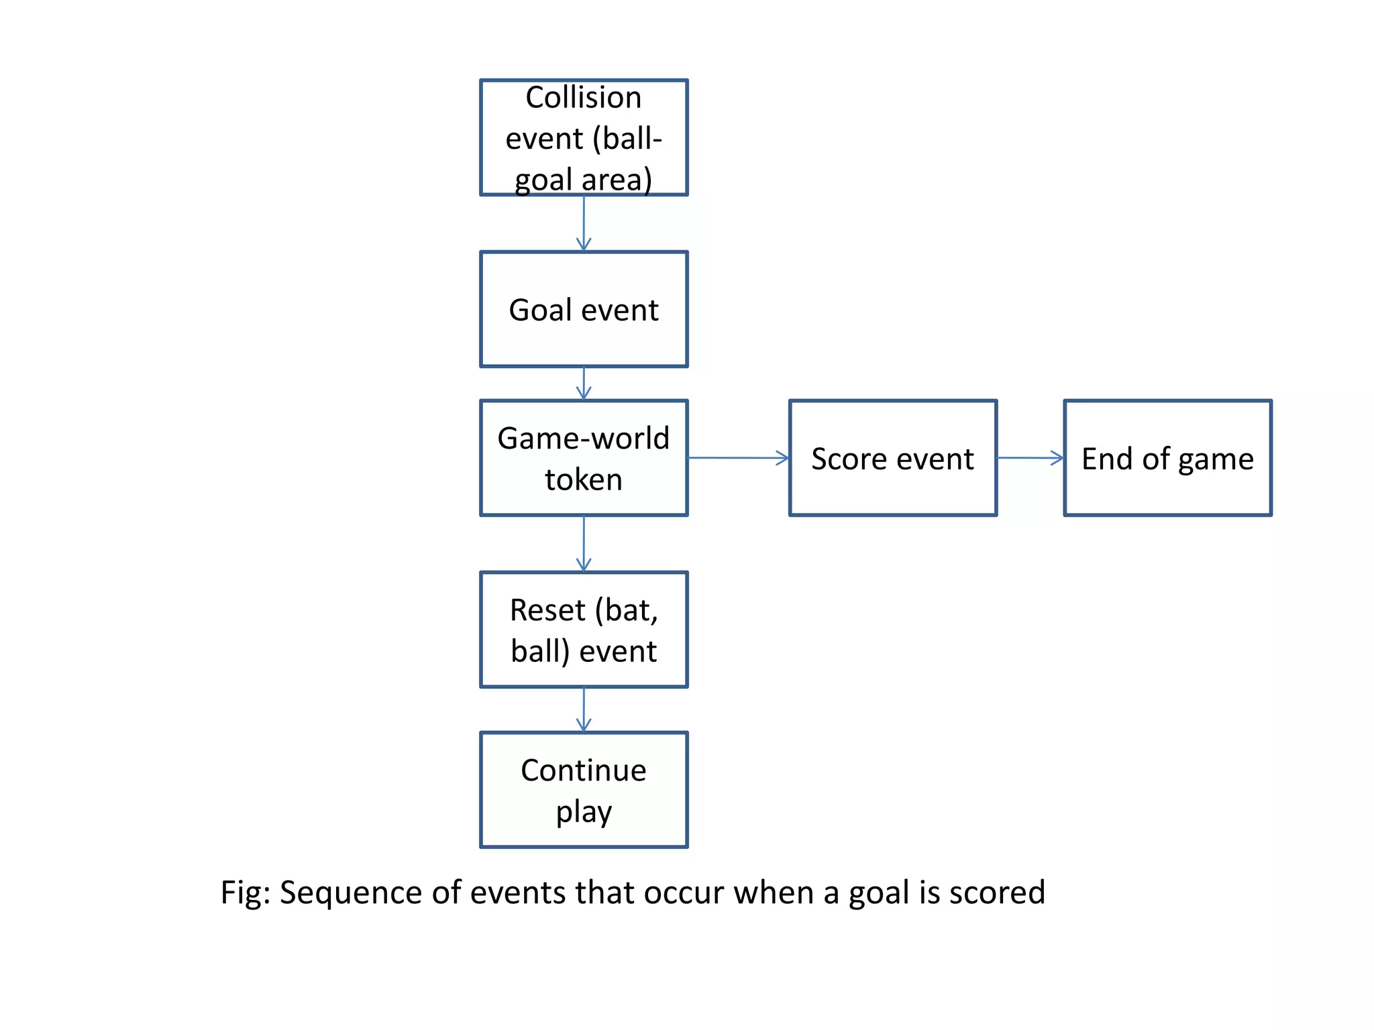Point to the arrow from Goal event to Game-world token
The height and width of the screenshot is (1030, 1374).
coord(584,384)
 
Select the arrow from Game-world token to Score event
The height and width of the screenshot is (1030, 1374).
coord(738,458)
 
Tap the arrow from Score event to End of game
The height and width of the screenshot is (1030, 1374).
coord(1030,458)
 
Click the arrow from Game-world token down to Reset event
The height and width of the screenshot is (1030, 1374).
coord(584,543)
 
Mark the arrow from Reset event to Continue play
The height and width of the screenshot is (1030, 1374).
coord(584,709)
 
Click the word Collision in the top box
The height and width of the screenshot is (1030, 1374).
coord(583,98)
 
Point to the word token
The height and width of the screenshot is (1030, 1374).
coord(583,480)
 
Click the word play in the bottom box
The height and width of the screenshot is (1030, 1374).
coord(583,812)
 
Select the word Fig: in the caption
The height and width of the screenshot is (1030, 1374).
coord(246,893)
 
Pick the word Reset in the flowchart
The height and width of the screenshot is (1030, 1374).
coord(547,611)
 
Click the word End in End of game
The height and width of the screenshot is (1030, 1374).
coord(1108,459)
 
